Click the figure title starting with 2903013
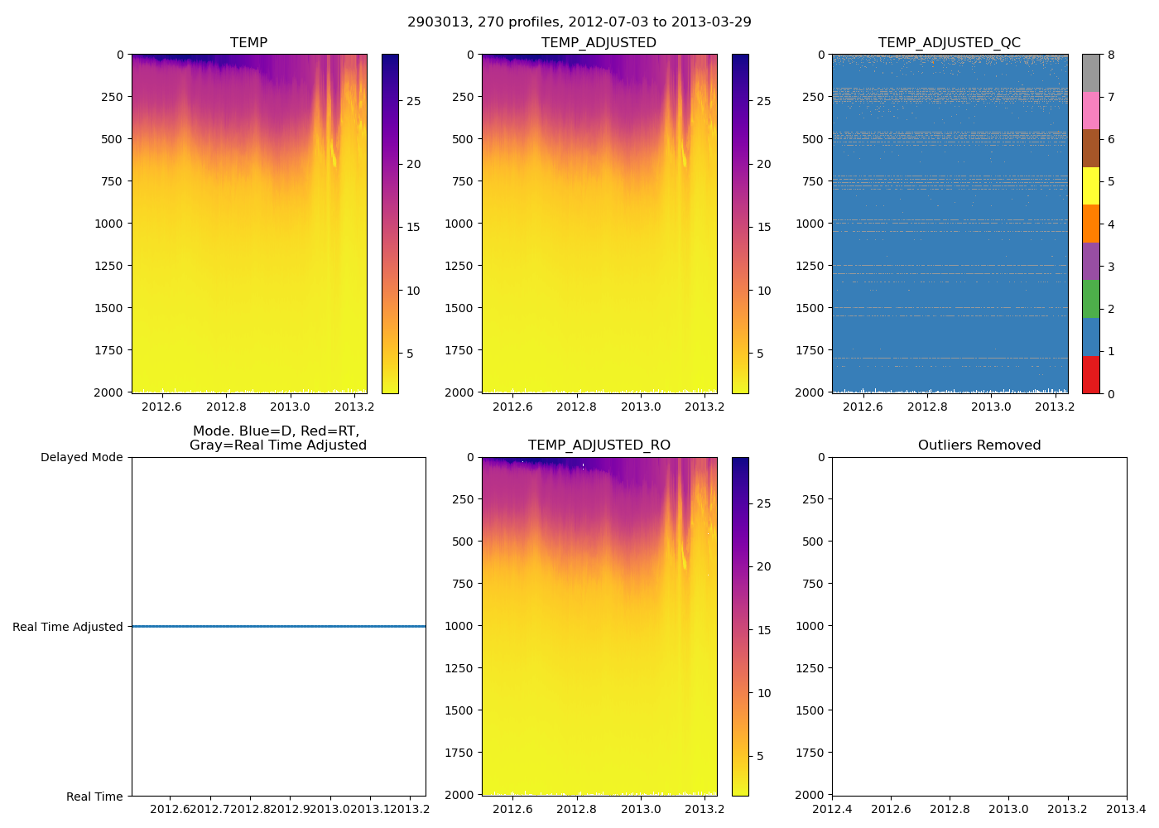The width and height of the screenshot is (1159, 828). pyautogui.click(x=579, y=22)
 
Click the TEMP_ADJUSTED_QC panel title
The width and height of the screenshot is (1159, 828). pyautogui.click(x=949, y=43)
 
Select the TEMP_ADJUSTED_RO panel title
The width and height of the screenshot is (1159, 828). pyautogui.click(x=599, y=445)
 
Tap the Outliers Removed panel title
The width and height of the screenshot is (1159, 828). pyautogui.click(x=979, y=445)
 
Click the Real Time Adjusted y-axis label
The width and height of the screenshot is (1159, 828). pyautogui.click(x=68, y=627)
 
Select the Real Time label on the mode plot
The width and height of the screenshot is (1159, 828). pyautogui.click(x=94, y=797)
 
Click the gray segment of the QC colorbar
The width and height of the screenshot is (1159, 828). pyautogui.click(x=1091, y=73)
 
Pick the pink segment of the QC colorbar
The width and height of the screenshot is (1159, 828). pyautogui.click(x=1091, y=111)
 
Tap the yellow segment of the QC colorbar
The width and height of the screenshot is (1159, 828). pyautogui.click(x=1091, y=186)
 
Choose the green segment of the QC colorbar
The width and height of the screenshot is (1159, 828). pyautogui.click(x=1091, y=299)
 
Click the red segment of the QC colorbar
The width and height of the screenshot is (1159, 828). pyautogui.click(x=1091, y=375)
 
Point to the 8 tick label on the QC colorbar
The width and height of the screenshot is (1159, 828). pyautogui.click(x=1111, y=55)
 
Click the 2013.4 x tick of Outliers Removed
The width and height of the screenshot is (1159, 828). pyautogui.click(x=1126, y=809)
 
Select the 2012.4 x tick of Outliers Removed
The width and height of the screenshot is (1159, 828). pyautogui.click(x=832, y=809)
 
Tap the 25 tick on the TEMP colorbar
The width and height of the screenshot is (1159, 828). pyautogui.click(x=413, y=101)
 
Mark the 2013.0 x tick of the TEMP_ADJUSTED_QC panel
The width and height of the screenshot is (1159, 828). pyautogui.click(x=991, y=407)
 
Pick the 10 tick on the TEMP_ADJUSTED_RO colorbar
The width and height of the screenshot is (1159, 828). pyautogui.click(x=763, y=693)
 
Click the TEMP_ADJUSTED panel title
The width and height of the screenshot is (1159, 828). pyautogui.click(x=599, y=43)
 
